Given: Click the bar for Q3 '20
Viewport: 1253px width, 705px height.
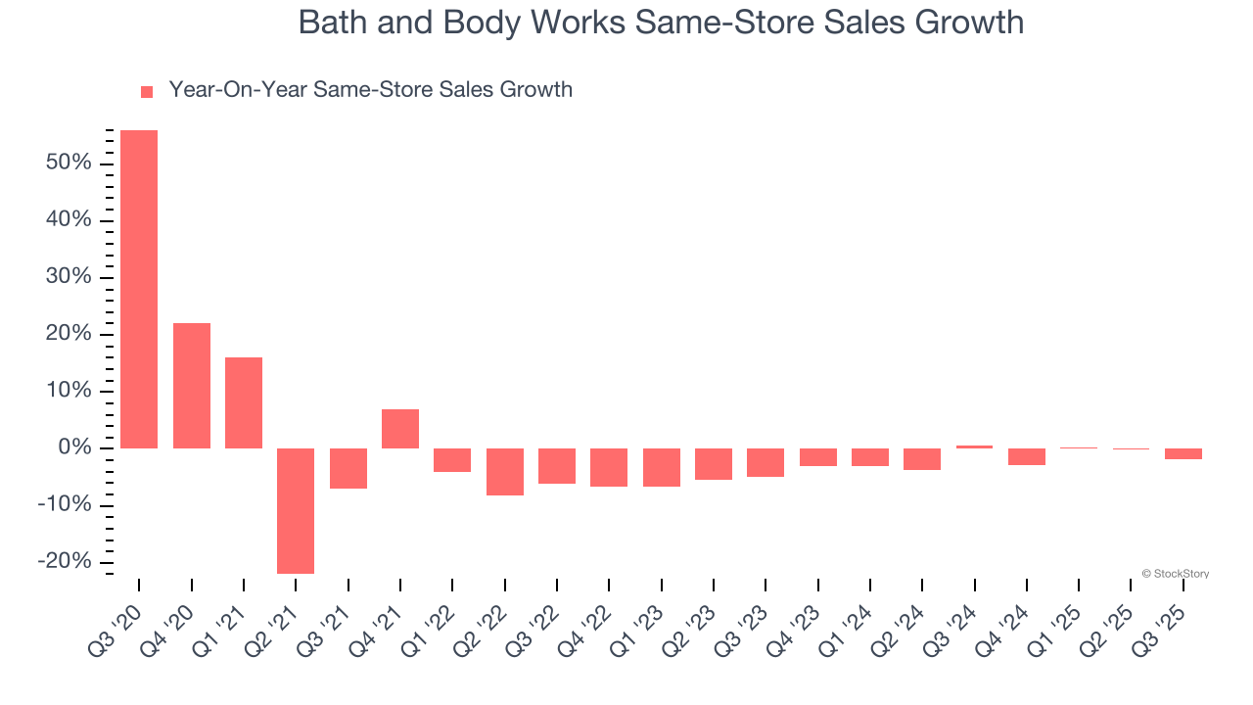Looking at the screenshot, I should pos(139,289).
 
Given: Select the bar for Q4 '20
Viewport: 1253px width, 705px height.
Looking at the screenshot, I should pos(192,386).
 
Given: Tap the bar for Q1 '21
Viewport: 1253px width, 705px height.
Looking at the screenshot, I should pos(244,402).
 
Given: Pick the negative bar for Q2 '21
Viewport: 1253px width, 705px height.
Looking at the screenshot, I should pos(296,510).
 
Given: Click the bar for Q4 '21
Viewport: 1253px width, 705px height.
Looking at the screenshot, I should pos(400,429).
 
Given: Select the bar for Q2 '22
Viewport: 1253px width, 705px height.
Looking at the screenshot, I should pos(505,472).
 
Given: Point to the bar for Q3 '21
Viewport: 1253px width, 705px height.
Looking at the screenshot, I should pos(348,468).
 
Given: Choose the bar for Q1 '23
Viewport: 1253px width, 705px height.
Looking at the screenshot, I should pos(662,467).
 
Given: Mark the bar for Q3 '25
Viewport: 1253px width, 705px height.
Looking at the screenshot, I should pos(1183,454).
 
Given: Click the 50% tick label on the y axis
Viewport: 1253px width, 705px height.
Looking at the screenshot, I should pos(69,163).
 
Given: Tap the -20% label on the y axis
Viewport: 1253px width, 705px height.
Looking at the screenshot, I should pos(65,562).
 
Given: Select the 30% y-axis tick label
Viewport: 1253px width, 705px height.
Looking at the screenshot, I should pos(69,277).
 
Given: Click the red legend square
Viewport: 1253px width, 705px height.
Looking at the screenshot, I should pos(147,92).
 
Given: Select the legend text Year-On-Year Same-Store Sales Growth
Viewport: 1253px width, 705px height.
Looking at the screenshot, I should pos(370,90).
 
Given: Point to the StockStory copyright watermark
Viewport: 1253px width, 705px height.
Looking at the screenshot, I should pos(1175,574).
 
